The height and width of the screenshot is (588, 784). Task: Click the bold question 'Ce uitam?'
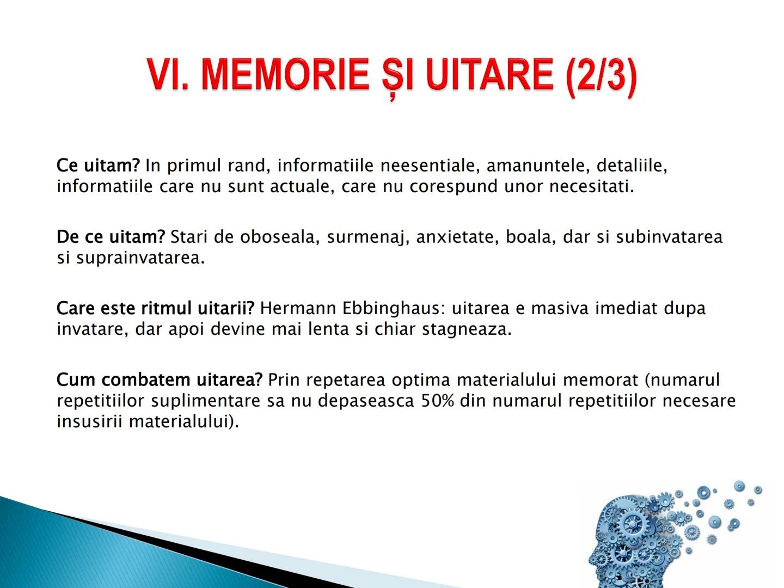click(98, 166)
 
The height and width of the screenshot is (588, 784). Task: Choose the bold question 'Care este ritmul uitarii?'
click(155, 309)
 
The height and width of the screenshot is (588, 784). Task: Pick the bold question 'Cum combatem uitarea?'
click(160, 380)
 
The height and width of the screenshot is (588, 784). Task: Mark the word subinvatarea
click(669, 237)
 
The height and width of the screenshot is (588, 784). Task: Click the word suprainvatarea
click(140, 258)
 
